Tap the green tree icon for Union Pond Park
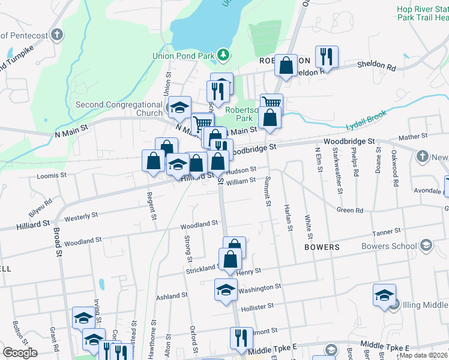(223, 55)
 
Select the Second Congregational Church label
(119, 109)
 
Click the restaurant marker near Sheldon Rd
(327, 57)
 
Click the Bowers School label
(389, 246)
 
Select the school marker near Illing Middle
(384, 295)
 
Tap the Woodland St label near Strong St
(199, 224)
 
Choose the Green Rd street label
(350, 211)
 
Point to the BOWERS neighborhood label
(322, 247)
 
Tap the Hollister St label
(257, 306)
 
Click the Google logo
(20, 353)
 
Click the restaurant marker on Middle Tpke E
(241, 338)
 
